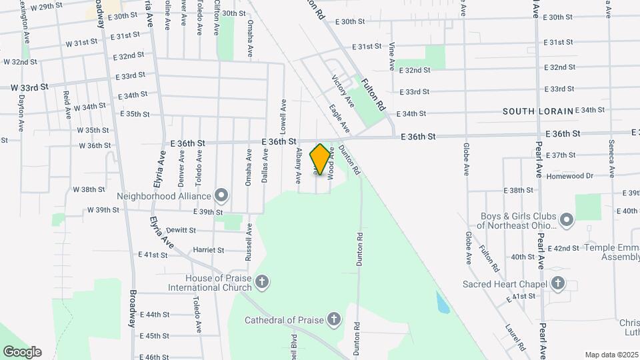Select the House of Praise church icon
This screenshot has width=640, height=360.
click(262, 282)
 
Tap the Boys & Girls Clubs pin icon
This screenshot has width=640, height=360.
click(567, 220)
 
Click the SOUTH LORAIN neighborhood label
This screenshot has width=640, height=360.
click(537, 111)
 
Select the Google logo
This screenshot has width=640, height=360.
click(22, 351)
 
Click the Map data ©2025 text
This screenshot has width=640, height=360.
click(611, 355)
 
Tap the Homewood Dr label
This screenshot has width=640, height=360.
click(569, 176)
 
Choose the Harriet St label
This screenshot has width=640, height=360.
click(208, 250)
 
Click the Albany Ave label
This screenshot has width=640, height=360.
click(299, 163)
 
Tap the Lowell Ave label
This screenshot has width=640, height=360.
click(283, 114)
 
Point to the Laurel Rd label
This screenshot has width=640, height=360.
click(515, 337)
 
